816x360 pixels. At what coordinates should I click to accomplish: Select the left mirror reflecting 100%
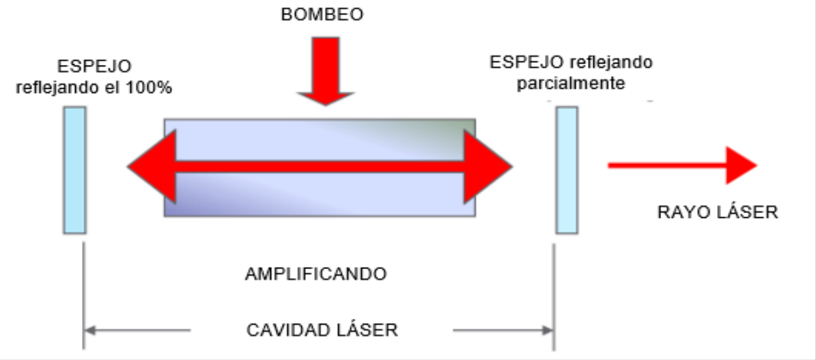tap(74, 170)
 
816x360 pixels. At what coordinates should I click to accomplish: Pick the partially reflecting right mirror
tap(566, 170)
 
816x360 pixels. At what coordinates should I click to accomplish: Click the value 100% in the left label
tap(149, 88)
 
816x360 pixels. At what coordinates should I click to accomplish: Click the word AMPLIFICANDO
tap(315, 275)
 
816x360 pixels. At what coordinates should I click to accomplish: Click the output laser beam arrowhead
tap(741, 165)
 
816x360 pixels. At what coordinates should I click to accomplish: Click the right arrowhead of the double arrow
tap(488, 166)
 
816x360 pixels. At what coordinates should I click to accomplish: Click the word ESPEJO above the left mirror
tap(94, 67)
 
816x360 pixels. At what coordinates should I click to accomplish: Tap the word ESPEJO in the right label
tap(523, 62)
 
